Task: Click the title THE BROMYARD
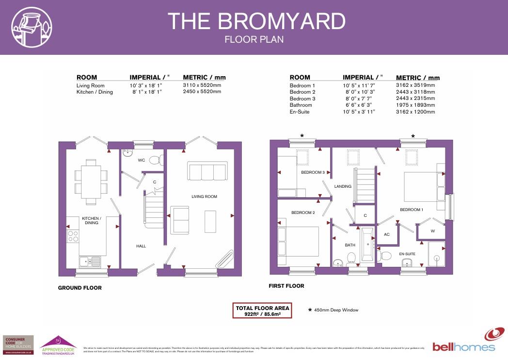(256, 21)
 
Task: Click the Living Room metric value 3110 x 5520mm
(202, 85)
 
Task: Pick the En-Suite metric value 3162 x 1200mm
(415, 112)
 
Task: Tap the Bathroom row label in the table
(301, 105)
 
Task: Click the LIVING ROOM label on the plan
(204, 196)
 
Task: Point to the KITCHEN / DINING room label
(91, 221)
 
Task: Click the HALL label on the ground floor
(141, 246)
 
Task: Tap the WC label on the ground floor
(142, 160)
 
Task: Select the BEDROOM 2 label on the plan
(303, 213)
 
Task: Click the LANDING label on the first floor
(343, 186)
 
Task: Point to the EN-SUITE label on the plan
(407, 254)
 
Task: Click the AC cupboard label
(387, 234)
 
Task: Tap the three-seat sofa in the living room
(207, 172)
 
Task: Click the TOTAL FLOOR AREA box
(262, 311)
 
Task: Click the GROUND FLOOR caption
(80, 288)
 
